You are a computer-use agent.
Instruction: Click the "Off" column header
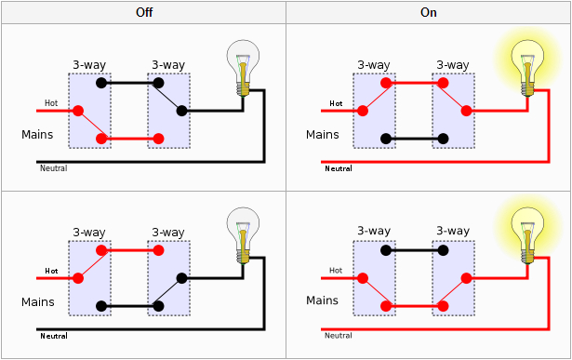click(142, 13)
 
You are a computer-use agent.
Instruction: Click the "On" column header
click(428, 13)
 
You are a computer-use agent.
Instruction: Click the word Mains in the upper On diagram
click(322, 135)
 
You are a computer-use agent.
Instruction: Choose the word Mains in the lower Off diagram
click(38, 302)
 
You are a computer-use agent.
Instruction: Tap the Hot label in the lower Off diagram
click(53, 272)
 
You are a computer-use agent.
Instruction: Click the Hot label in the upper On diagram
click(336, 103)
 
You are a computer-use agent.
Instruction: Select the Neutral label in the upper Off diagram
click(53, 168)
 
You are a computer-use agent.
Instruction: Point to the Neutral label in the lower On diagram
click(338, 335)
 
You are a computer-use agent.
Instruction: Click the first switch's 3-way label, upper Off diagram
click(89, 64)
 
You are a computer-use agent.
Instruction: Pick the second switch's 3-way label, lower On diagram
click(452, 231)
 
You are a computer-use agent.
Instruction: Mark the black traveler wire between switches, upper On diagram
click(415, 139)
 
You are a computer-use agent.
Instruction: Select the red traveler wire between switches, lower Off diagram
click(129, 250)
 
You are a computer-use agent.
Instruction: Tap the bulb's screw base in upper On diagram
click(525, 87)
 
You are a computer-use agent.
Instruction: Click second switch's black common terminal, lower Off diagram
click(182, 277)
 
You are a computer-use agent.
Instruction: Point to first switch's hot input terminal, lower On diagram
click(361, 277)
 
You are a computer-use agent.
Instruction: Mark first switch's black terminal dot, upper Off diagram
click(103, 82)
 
